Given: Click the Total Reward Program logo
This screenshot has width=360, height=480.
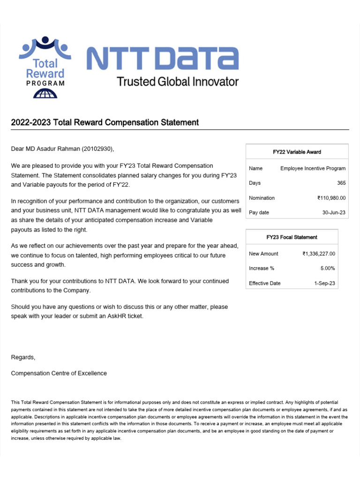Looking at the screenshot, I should [45, 67].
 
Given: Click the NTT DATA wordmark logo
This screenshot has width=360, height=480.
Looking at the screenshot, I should [163, 58].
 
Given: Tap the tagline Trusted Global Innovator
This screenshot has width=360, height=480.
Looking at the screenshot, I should [178, 82].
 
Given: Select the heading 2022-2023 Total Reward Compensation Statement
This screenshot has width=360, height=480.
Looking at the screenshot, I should [105, 122].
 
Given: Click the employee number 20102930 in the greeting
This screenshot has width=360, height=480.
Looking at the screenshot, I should [97, 149].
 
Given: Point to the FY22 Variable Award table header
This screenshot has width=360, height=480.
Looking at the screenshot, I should [297, 152].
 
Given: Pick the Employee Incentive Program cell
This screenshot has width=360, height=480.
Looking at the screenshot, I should [313, 168].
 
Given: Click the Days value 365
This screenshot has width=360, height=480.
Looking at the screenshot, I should [341, 183].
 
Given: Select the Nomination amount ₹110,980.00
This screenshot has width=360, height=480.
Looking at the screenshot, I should [331, 198].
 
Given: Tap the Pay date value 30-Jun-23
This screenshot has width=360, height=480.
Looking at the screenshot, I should [334, 212].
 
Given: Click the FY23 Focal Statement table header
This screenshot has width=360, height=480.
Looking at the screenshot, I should [292, 237].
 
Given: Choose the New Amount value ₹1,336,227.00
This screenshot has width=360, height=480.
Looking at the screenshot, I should [319, 254].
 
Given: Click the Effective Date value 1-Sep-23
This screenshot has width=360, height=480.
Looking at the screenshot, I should [324, 283].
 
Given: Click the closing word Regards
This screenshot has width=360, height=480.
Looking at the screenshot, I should [23, 357].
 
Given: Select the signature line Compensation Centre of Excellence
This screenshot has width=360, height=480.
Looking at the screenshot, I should [59, 373].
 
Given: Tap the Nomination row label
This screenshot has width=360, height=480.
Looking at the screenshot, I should [262, 198].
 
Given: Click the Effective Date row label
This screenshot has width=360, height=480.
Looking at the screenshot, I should [265, 283].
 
